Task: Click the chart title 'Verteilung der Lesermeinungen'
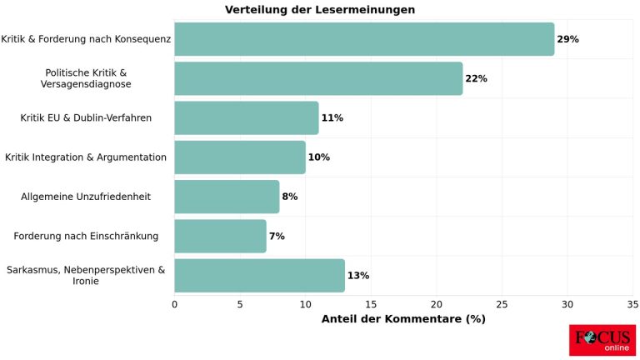click(x=320, y=10)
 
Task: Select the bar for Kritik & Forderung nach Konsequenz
click(x=364, y=39)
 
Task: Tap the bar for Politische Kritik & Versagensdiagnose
click(x=318, y=78)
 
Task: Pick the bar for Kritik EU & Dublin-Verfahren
click(x=247, y=117)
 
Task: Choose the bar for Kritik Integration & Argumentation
click(x=240, y=157)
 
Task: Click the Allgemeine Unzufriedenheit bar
click(x=227, y=197)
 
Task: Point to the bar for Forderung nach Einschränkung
click(x=220, y=236)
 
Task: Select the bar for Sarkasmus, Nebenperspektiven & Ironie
click(x=259, y=275)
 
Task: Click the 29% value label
click(x=567, y=39)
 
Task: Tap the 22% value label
click(x=476, y=78)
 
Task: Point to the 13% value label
click(x=358, y=275)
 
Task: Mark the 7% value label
click(x=277, y=236)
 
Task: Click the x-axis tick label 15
click(x=371, y=304)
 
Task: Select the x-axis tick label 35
click(x=632, y=304)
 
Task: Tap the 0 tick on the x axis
click(x=174, y=304)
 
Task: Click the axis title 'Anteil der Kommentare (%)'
click(x=403, y=319)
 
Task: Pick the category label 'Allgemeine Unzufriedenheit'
click(x=86, y=197)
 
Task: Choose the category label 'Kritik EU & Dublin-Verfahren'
click(x=86, y=117)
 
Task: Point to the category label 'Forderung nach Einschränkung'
click(x=86, y=236)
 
